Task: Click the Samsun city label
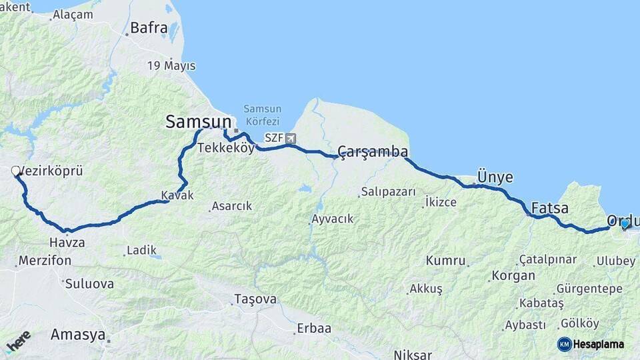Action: (198, 121)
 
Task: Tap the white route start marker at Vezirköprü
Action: (16, 171)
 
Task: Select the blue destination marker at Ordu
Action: (625, 224)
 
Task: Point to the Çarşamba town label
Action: (373, 152)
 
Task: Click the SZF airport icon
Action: (291, 139)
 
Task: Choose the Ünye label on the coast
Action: (495, 177)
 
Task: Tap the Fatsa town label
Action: (550, 208)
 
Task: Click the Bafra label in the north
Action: (148, 28)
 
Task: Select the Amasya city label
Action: (79, 335)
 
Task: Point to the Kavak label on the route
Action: (177, 195)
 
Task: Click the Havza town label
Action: (67, 243)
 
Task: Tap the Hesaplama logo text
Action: (598, 344)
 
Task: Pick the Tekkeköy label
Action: (226, 148)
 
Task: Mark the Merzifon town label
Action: (45, 261)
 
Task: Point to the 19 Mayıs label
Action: (171, 66)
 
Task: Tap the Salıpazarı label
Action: (388, 192)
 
